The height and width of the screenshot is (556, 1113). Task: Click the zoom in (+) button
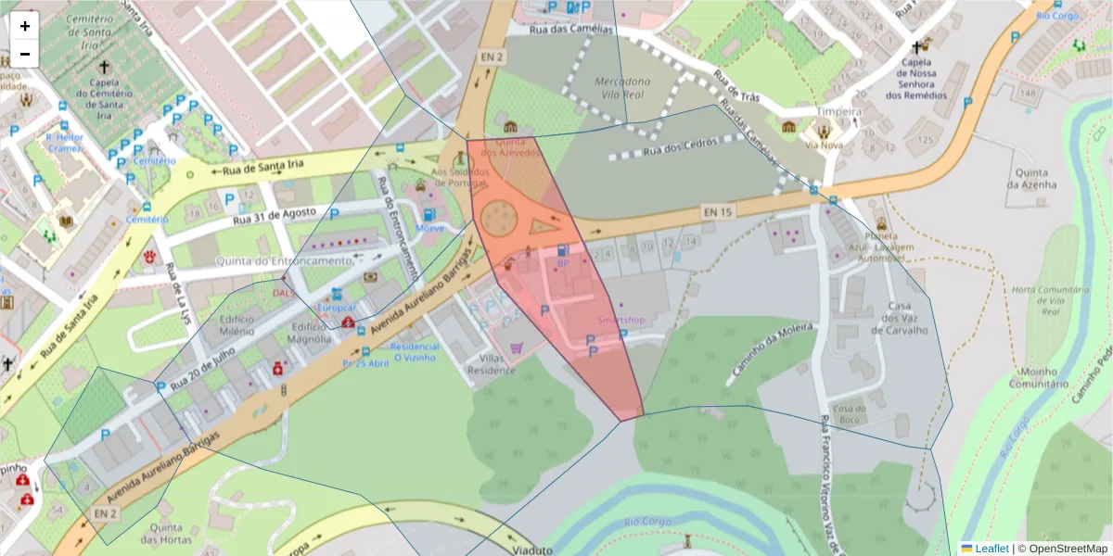[x=25, y=26]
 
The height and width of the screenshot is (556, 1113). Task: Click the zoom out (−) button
[x=25, y=54]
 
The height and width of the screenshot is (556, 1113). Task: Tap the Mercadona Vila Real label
[x=622, y=88]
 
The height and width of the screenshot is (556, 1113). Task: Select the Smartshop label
[x=620, y=320]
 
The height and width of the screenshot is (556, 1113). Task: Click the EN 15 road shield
[x=717, y=213]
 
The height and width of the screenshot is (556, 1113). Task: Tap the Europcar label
[x=338, y=307]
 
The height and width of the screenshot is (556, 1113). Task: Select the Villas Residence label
[x=491, y=363]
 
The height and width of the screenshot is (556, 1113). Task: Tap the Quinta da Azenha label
[x=1031, y=178]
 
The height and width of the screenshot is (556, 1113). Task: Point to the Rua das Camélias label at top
[x=571, y=30]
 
